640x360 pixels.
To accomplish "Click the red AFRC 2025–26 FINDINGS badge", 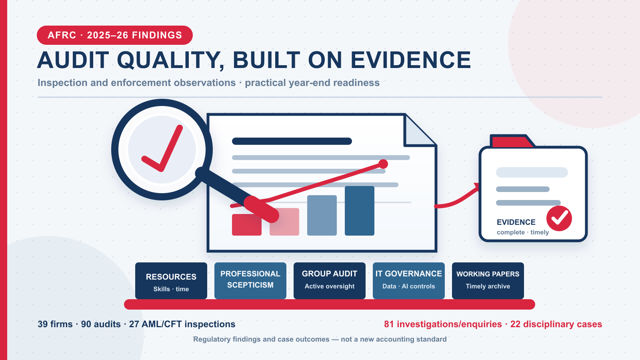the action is [x=114, y=35].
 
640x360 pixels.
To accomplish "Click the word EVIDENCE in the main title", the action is [x=411, y=60].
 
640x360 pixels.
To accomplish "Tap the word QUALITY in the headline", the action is [x=171, y=60].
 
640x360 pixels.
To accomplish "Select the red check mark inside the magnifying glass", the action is [x=162, y=148].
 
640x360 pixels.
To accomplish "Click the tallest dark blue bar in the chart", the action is [x=360, y=211].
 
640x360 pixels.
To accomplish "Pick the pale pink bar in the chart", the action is [x=284, y=222].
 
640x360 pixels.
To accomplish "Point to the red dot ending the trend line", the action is [x=383, y=164].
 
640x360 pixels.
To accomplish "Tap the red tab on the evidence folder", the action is [x=512, y=142].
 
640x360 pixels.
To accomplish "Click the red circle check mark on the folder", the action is [x=559, y=218].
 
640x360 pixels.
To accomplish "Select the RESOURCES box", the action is [x=171, y=281].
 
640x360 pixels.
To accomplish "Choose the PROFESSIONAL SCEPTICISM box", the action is [x=250, y=281].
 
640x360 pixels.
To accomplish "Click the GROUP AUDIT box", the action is [x=330, y=281].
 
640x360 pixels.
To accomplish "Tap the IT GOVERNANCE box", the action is [x=408, y=281].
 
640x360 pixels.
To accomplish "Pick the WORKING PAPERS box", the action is [x=488, y=281].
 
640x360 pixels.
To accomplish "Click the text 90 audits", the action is [x=101, y=324].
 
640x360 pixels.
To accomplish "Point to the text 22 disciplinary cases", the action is [x=556, y=324].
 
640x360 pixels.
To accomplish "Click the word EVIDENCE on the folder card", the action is [x=516, y=222].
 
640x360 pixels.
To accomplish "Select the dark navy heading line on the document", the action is [x=292, y=141].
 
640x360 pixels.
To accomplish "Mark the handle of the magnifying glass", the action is [x=237, y=195].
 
